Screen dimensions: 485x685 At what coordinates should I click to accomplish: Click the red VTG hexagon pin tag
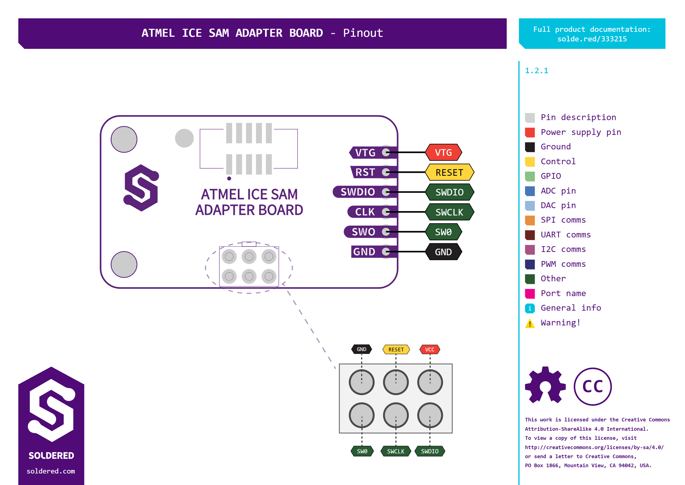pyautogui.click(x=443, y=152)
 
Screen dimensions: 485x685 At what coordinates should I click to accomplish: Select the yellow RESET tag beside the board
pyautogui.click(x=449, y=172)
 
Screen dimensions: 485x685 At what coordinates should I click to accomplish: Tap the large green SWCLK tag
pyautogui.click(x=449, y=212)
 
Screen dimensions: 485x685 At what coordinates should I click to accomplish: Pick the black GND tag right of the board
pyautogui.click(x=443, y=252)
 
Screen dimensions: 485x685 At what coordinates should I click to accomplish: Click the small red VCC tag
pyautogui.click(x=430, y=349)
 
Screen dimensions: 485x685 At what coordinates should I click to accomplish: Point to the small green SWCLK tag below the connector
pyautogui.click(x=395, y=451)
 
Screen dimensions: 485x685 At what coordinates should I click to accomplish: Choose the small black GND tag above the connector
pyautogui.click(x=361, y=349)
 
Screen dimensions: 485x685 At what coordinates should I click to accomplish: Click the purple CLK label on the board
pyautogui.click(x=365, y=212)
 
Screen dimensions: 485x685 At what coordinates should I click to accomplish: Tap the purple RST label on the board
pyautogui.click(x=365, y=172)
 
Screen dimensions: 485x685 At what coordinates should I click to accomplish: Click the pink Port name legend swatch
pyautogui.click(x=530, y=294)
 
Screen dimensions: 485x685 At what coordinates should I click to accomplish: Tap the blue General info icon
pyautogui.click(x=530, y=308)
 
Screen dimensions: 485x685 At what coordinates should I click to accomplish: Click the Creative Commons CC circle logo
pyautogui.click(x=592, y=387)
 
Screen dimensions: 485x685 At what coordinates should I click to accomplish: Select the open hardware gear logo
pyautogui.click(x=545, y=385)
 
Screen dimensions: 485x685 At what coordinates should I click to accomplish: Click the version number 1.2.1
pyautogui.click(x=536, y=71)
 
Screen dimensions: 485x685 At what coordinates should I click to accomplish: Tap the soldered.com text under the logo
pyautogui.click(x=51, y=471)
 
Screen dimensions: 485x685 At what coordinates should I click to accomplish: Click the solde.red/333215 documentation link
pyautogui.click(x=592, y=39)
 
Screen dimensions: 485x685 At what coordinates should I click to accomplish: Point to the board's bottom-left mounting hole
pyautogui.click(x=124, y=264)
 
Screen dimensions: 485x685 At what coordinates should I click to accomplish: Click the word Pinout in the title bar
pyautogui.click(x=363, y=33)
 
